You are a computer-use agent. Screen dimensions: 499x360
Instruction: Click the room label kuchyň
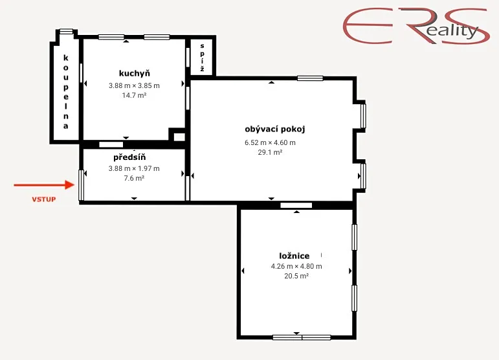pos(135,74)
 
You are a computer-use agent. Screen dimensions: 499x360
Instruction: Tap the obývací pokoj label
pos(275,129)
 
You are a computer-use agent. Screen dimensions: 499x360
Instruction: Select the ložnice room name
pos(294,256)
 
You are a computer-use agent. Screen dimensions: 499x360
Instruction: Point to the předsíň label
pos(129,157)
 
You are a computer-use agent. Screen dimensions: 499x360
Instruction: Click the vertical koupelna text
pos(66,92)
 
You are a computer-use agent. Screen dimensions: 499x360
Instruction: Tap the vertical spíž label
pos(202,57)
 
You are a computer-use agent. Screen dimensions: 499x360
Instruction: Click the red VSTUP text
pos(44,199)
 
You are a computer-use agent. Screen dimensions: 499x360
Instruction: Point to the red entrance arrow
pos(44,185)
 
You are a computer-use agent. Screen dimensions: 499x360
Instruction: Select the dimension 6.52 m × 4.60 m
pos(270,142)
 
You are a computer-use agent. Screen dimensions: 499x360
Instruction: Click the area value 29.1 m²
pos(270,152)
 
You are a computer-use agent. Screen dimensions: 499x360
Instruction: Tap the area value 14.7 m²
pos(134,95)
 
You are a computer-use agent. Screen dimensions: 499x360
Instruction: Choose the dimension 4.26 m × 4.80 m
pos(296,266)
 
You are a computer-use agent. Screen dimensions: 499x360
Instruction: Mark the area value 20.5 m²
pos(296,276)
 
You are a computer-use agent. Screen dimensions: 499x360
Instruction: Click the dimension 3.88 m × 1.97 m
pos(134,168)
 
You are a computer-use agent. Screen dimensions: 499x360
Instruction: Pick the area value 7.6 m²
pos(134,178)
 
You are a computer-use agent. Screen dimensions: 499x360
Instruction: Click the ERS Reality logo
pos(416,26)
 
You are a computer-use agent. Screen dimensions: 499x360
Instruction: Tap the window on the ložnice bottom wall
pos(302,337)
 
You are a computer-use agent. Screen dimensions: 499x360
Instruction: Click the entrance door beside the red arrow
pos(81,185)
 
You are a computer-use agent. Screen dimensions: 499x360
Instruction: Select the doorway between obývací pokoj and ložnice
pos(296,205)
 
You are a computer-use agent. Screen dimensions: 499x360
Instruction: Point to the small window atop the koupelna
pos(67,31)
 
